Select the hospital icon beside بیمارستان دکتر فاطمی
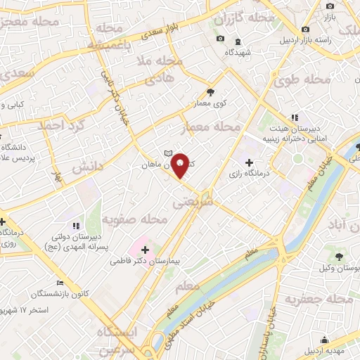coord(143,250)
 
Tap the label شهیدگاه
coord(238,53)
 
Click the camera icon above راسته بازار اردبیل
coord(305,29)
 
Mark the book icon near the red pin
coord(167,153)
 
